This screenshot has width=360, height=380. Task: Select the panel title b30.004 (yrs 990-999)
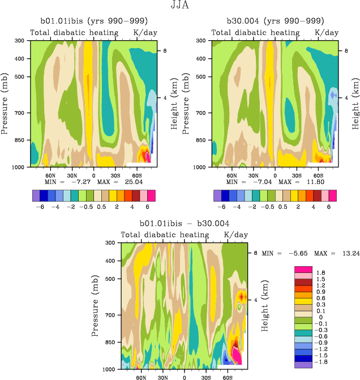coord(272,22)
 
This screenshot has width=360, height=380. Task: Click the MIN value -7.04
coord(248,182)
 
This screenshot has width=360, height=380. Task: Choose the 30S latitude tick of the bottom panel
coord(206,376)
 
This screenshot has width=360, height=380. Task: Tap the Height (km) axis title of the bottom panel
coord(264,306)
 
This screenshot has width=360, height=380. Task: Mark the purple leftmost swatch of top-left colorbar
coord(36,195)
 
